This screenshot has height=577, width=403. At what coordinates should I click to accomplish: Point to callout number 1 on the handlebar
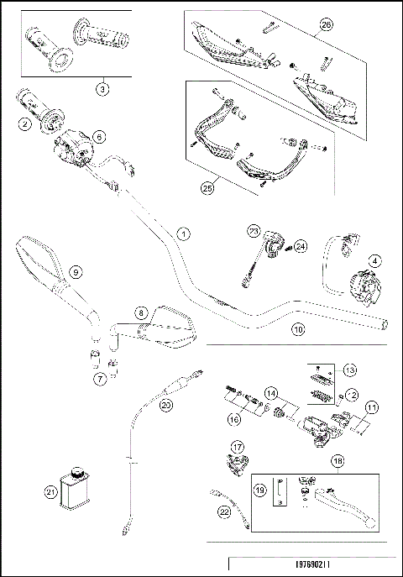184,233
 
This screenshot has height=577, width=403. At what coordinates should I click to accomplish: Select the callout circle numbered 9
75,271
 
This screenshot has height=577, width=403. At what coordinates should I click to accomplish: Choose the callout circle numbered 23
252,230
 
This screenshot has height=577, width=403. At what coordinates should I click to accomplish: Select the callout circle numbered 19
259,490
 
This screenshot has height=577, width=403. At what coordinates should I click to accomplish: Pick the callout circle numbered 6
98,135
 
